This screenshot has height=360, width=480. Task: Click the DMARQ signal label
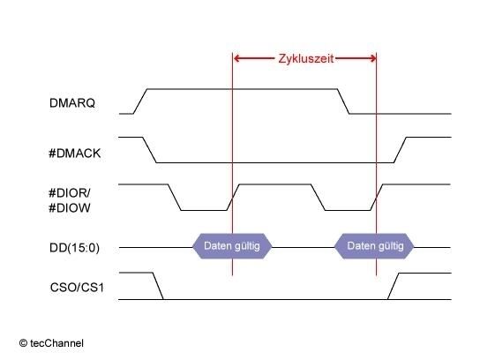point(72,103)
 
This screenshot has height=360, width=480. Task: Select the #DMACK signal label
point(75,154)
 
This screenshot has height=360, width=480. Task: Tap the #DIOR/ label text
point(70,193)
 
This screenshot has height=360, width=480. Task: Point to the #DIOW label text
point(70,208)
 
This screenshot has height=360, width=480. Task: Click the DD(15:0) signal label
point(74,248)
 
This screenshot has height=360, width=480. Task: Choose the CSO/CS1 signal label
point(77,288)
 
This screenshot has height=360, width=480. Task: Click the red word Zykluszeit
point(306,58)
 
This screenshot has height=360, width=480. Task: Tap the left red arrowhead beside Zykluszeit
point(236,58)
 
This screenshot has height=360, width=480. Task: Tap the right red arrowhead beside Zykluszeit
point(372,58)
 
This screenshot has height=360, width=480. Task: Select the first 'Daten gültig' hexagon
point(232,246)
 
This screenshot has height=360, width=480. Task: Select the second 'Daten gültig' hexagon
point(374,246)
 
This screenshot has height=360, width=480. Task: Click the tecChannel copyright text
point(51,343)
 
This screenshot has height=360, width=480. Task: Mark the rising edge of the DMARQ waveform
point(140,101)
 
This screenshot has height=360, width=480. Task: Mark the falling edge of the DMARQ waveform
point(343,101)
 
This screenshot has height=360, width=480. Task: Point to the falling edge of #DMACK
point(150,150)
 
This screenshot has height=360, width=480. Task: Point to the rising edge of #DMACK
point(400,150)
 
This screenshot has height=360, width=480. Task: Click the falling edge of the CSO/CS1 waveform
point(158,286)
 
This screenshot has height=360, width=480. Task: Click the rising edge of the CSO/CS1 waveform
point(393,286)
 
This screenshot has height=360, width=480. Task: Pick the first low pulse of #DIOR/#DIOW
point(204,210)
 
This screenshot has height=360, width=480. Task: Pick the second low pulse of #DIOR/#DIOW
point(348,210)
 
